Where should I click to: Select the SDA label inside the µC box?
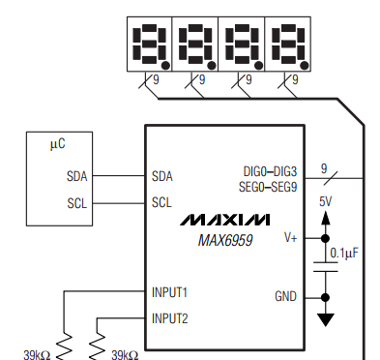(76, 176)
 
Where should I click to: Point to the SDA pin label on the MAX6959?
(162, 176)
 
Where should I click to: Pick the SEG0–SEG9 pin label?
(268, 185)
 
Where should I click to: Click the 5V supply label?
(326, 201)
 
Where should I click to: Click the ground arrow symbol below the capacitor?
(325, 317)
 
